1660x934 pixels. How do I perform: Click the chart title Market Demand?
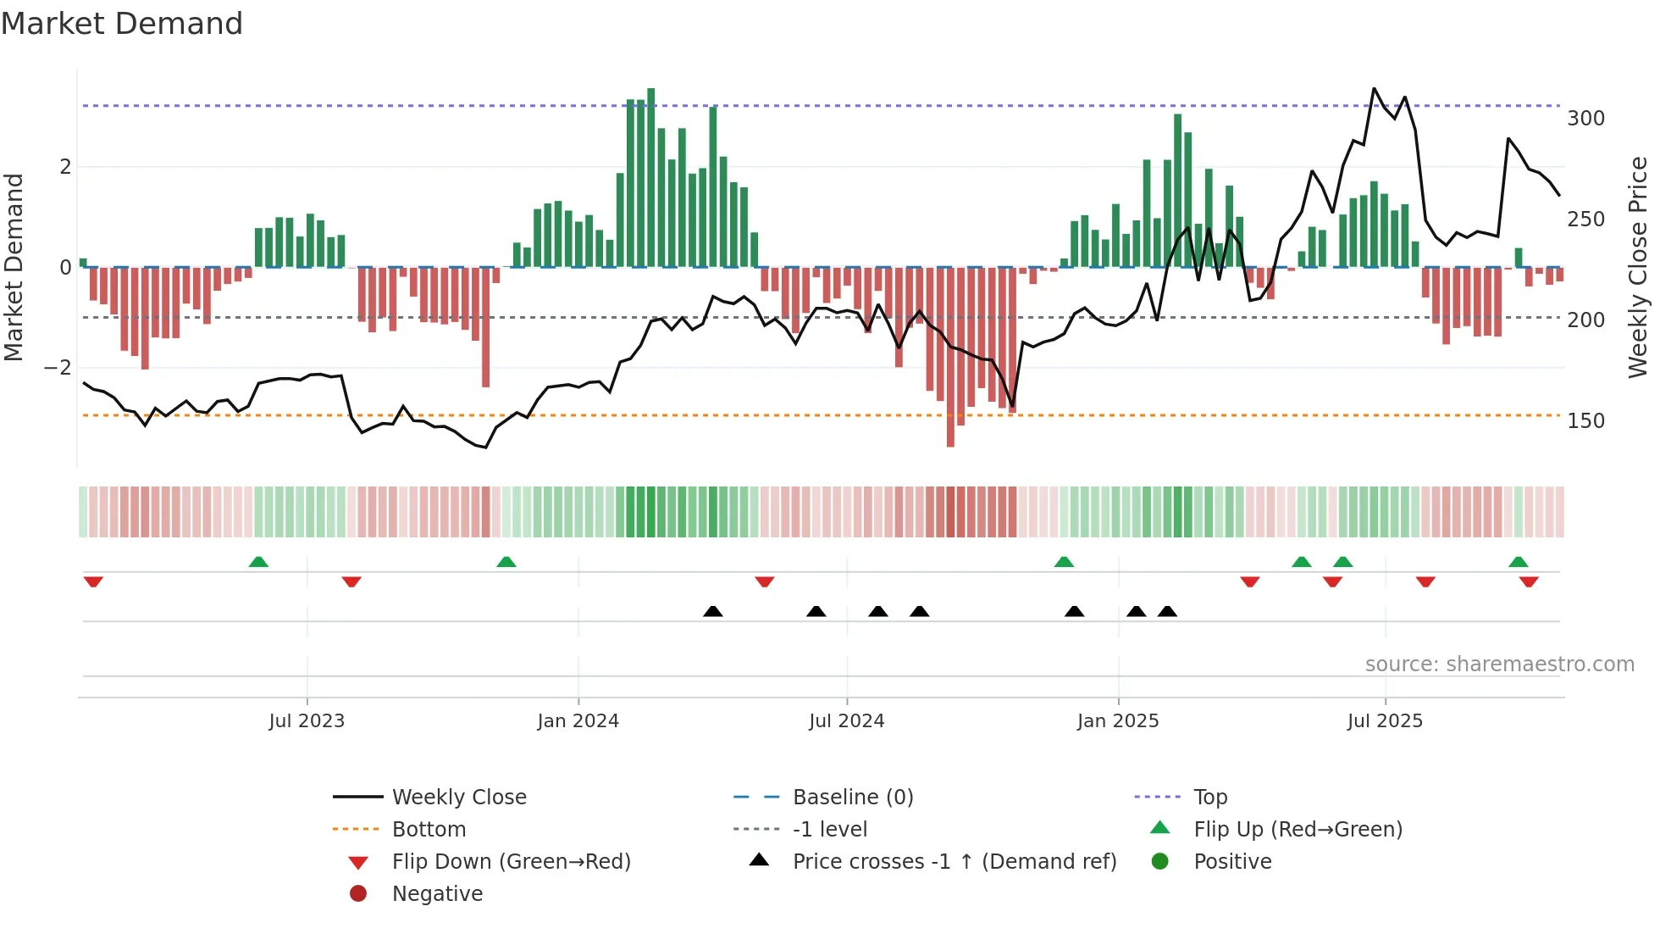click(x=122, y=24)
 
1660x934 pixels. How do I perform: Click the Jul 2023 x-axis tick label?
click(x=307, y=721)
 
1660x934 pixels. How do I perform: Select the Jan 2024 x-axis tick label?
click(x=578, y=721)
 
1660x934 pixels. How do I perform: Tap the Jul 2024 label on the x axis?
click(x=846, y=721)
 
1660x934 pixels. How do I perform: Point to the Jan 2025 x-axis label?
click(x=1118, y=721)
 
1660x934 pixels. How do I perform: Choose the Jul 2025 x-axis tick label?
click(x=1385, y=721)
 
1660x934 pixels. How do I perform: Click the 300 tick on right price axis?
click(x=1585, y=119)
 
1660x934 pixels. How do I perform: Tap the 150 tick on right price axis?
click(x=1585, y=421)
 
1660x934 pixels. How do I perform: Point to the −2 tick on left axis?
click(x=58, y=368)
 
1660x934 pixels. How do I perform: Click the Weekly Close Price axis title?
click(x=1638, y=267)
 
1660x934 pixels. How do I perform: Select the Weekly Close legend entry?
click(x=458, y=798)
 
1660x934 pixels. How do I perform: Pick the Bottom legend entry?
click(x=429, y=830)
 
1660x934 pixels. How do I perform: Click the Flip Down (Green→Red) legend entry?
click(x=511, y=862)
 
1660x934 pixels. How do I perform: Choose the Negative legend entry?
click(x=437, y=894)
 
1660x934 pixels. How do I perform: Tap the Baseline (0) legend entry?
click(x=852, y=798)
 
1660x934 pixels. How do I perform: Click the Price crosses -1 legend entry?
click(x=954, y=862)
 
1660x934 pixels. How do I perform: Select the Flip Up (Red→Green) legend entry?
click(x=1298, y=830)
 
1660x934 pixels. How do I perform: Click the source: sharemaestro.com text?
click(x=1499, y=664)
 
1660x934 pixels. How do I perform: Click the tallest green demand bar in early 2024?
click(x=650, y=178)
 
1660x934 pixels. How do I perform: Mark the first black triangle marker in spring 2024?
click(x=713, y=611)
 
